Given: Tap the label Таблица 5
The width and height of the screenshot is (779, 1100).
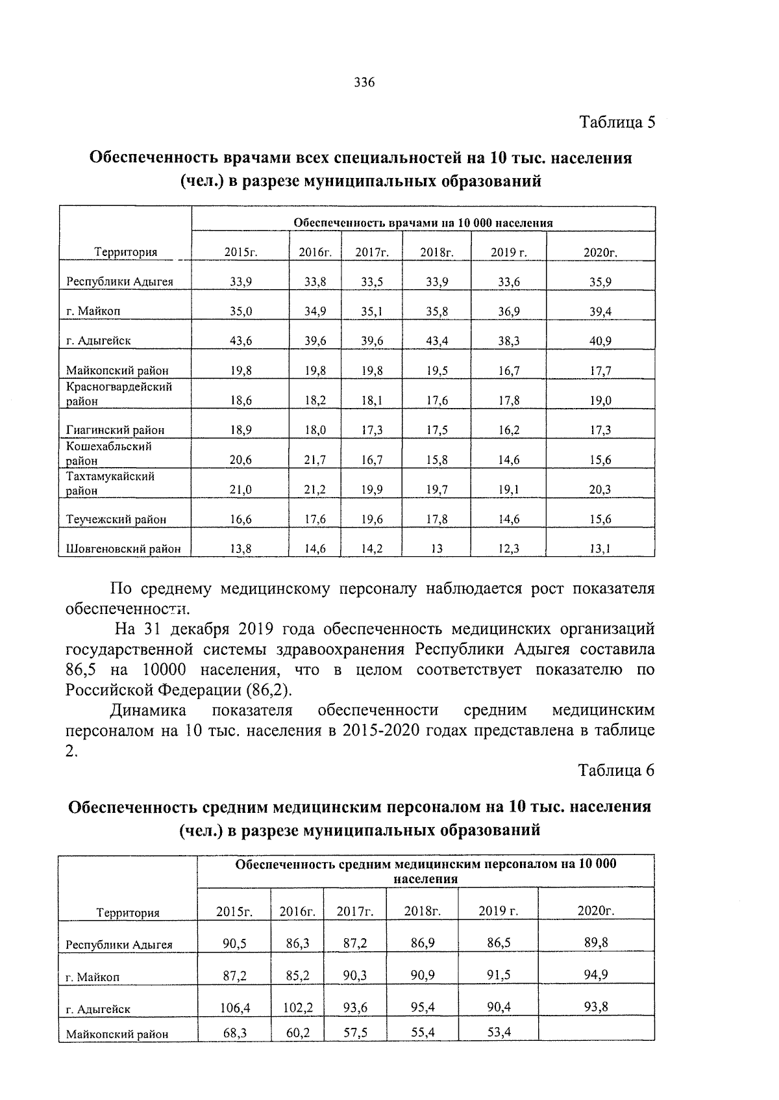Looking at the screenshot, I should tap(617, 122).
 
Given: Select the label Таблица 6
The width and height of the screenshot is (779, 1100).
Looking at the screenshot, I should tap(616, 770).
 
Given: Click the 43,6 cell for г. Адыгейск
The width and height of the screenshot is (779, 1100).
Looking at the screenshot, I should tap(241, 340).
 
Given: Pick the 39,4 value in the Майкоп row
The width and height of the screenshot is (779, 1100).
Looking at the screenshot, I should tap(600, 311).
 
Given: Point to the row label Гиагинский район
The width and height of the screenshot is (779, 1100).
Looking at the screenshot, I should tap(115, 429).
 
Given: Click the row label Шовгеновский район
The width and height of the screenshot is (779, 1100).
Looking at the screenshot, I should tap(123, 549).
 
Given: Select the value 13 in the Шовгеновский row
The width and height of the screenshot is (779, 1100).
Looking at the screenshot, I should tap(437, 549).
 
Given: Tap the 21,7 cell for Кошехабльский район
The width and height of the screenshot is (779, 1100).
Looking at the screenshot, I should tap(315, 459).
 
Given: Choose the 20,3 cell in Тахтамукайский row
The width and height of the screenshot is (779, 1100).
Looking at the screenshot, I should tap(600, 489).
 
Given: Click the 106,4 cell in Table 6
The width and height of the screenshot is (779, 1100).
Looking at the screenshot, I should tap(235, 1008).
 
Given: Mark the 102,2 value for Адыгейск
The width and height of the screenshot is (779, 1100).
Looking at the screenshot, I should tap(298, 1008).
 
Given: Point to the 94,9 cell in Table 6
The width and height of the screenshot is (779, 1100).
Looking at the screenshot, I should tap(595, 974).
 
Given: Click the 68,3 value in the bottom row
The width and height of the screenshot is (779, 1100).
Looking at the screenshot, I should tap(234, 1032).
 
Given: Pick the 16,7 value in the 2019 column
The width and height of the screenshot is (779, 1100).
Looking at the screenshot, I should tap(509, 370).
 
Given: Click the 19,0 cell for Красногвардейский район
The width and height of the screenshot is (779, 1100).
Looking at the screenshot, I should tap(600, 400).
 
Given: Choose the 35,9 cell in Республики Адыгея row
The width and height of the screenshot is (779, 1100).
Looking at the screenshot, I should tap(600, 281).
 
